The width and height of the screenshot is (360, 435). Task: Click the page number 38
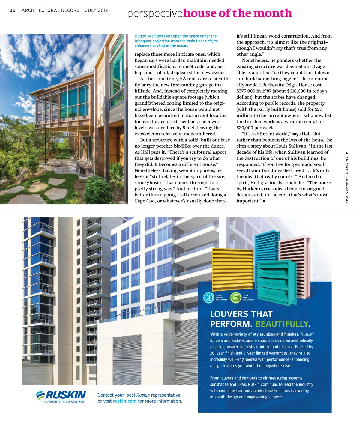click(13, 10)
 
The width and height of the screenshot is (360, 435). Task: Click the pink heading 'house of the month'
click(238, 13)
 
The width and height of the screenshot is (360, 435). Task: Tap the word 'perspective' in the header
click(155, 14)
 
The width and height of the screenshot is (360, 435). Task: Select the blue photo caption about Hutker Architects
click(176, 41)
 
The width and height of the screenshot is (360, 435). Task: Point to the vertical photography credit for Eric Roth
click(346, 177)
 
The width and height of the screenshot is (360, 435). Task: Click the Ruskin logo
click(61, 395)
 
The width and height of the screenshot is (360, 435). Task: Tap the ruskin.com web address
click(125, 401)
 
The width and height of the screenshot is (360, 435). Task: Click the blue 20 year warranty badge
click(209, 298)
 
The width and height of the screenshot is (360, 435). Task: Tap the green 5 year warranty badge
click(236, 298)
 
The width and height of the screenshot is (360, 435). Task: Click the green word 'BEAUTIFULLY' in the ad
click(281, 324)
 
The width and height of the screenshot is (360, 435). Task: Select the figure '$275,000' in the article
click(247, 91)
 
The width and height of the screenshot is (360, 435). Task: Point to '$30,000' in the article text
click(247, 128)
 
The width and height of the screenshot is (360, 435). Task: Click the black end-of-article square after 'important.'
click(264, 201)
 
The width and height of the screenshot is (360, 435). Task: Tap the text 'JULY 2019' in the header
click(97, 10)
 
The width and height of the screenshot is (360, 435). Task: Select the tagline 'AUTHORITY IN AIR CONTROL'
click(64, 401)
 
